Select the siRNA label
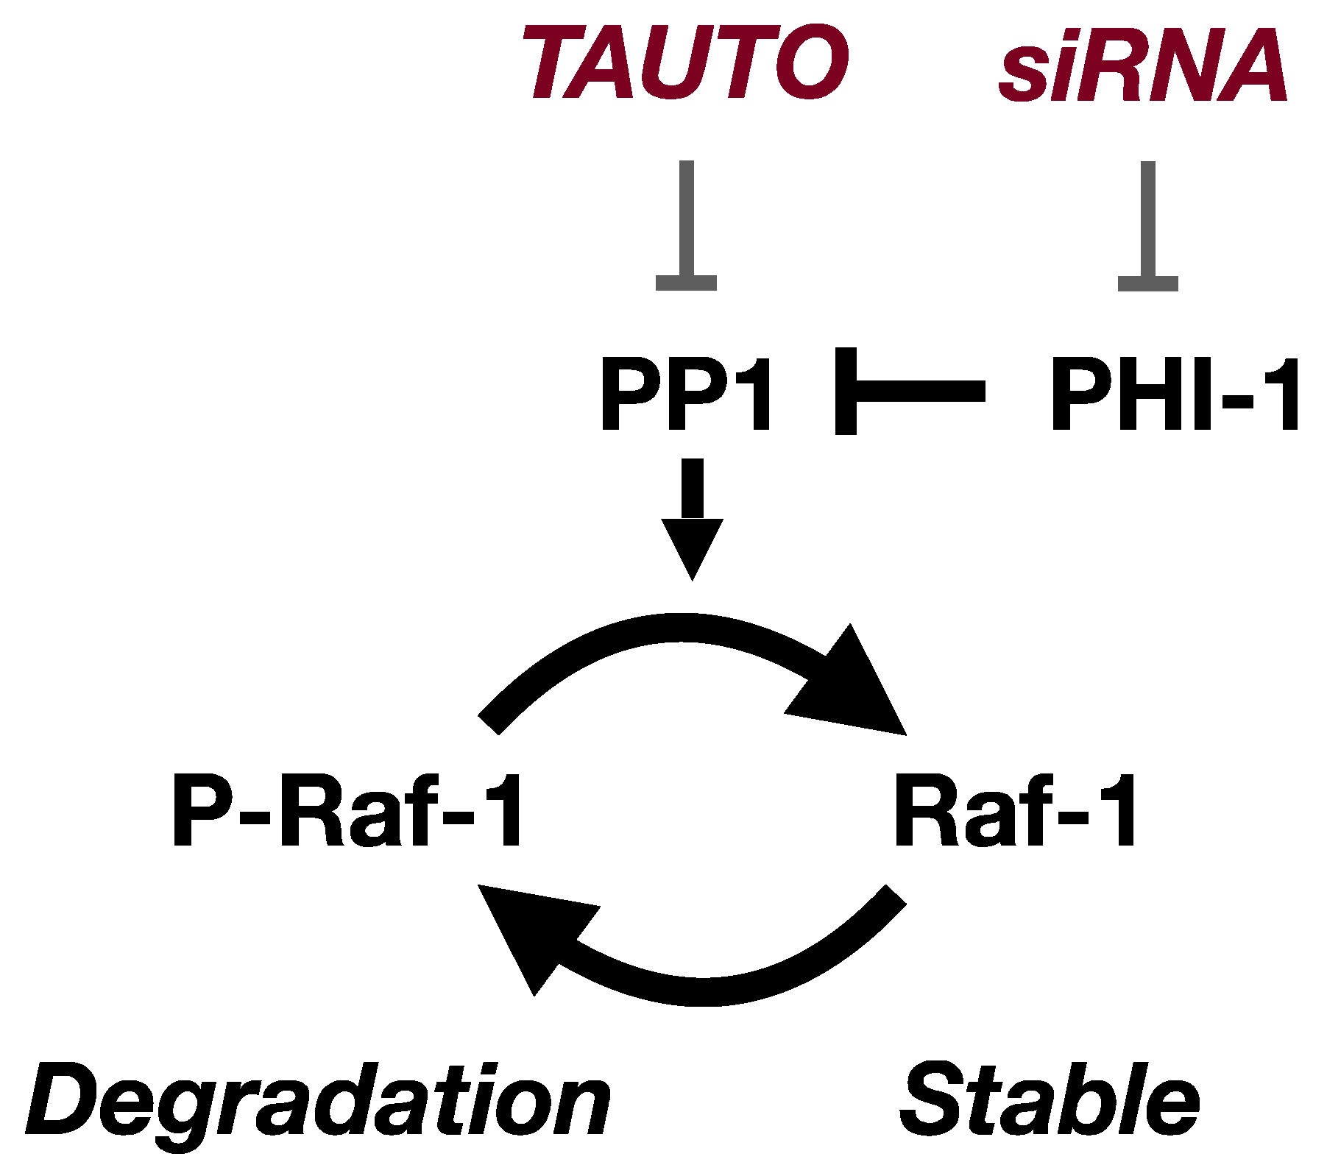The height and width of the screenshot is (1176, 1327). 1143,66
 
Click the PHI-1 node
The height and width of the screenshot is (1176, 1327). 1174,394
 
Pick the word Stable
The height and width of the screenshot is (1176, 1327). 1049,1100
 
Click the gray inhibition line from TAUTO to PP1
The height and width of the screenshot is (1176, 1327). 687,221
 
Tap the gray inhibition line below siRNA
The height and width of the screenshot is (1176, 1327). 1147,221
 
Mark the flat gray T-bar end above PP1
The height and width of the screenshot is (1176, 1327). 686,283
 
